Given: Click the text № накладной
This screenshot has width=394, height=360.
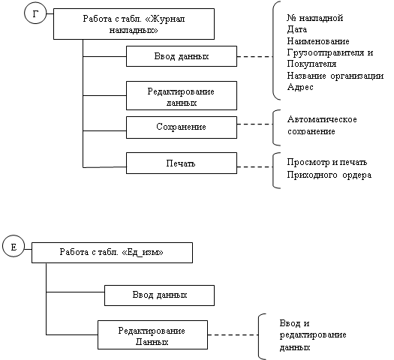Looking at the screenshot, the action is tap(315, 18).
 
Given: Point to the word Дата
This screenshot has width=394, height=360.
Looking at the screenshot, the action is tap(297, 29).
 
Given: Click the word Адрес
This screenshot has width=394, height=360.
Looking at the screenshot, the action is tap(300, 87).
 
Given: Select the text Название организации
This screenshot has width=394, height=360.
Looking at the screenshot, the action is tap(335, 76).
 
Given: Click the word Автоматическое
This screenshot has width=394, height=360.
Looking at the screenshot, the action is tap(322, 119).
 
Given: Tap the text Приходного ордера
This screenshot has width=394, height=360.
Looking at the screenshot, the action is tap(329, 175).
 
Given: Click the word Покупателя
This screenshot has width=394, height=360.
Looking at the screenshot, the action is tap(312, 64).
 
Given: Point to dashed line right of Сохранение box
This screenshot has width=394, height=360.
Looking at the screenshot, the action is tap(255, 124).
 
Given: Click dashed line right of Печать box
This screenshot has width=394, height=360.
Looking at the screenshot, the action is tap(255, 166).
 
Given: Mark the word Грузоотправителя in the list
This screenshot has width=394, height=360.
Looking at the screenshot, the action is tap(326, 52).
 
